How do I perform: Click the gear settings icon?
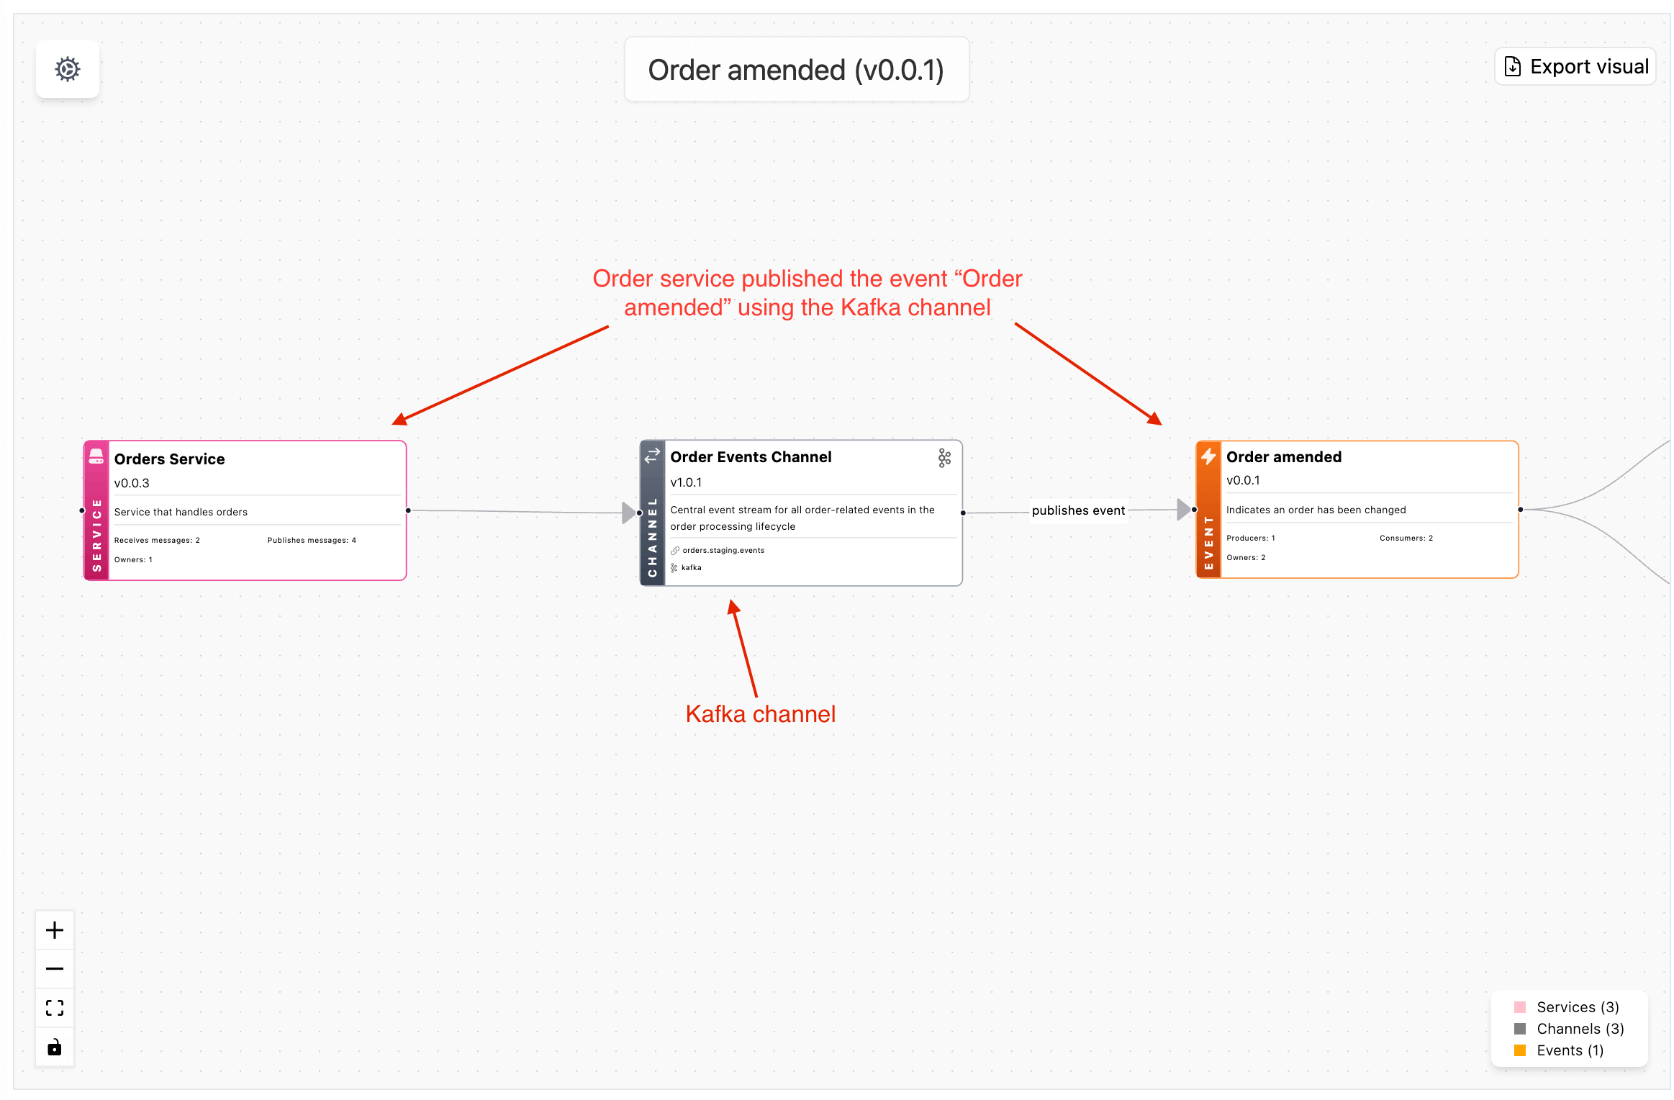(68, 69)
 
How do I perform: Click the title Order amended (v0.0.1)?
(795, 70)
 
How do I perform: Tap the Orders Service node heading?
(169, 459)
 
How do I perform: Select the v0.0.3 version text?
(132, 483)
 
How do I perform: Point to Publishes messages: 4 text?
(312, 540)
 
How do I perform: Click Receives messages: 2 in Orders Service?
(157, 540)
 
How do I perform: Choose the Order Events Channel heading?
(751, 457)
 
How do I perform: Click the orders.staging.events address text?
(723, 550)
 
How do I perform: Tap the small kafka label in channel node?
(691, 567)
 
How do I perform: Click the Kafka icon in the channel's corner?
(944, 458)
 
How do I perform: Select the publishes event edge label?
(1077, 510)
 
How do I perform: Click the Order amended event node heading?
(1283, 457)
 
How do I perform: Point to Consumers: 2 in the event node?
(1406, 538)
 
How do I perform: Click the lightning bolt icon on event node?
(1208, 456)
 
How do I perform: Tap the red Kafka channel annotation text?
(760, 713)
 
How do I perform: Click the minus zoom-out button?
(55, 968)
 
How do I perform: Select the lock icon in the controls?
(55, 1047)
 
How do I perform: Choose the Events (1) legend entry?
(1569, 1050)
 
